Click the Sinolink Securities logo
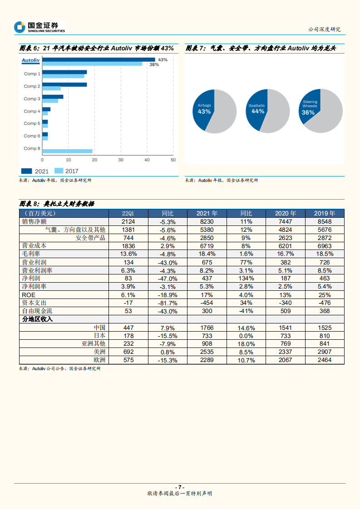pyautogui.click(x=39, y=27)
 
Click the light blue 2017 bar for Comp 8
pyautogui.click(x=67, y=151)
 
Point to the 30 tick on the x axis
pyautogui.click(x=121, y=160)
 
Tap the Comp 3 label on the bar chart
pyautogui.click(x=32, y=98)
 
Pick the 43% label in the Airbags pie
pyautogui.click(x=204, y=111)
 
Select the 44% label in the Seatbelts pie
pyautogui.click(x=258, y=111)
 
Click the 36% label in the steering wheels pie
pyautogui.click(x=309, y=112)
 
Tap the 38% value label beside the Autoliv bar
pyautogui.click(x=154, y=65)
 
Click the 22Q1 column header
pyautogui.click(x=128, y=213)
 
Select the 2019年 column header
pyautogui.click(x=325, y=213)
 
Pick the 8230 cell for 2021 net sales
pyautogui.click(x=207, y=221)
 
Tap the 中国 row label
pyautogui.click(x=99, y=328)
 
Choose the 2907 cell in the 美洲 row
pyautogui.click(x=325, y=352)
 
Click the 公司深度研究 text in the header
pyautogui.click(x=324, y=29)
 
